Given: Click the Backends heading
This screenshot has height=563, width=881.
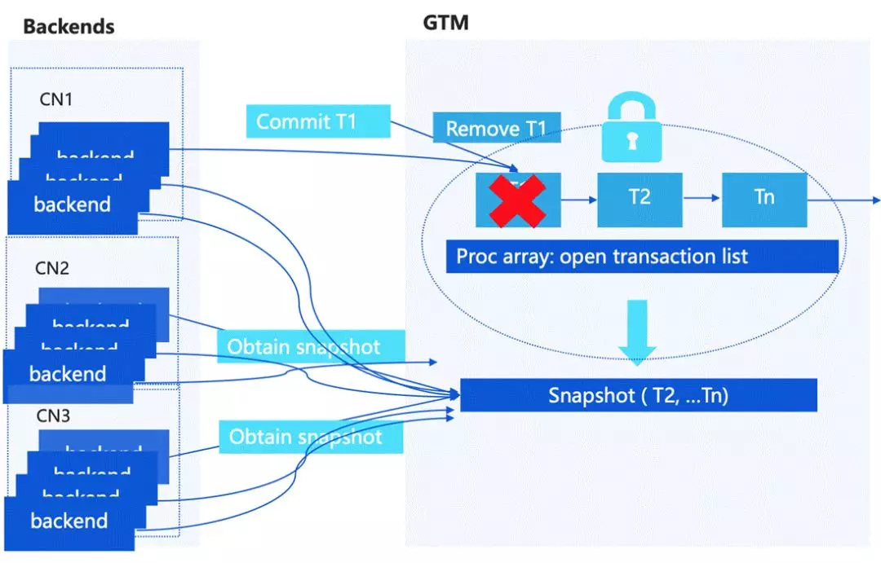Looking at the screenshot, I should click(x=69, y=26).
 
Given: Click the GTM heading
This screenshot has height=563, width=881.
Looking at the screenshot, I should click(x=445, y=22).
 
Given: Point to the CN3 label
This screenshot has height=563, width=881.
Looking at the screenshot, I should click(x=53, y=416).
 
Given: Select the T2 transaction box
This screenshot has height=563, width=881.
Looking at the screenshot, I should click(x=640, y=197).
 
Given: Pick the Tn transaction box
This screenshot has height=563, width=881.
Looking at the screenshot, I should click(x=764, y=197).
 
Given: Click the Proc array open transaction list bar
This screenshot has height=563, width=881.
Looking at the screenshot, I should click(x=642, y=256).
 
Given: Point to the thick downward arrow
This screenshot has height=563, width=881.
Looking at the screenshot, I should click(x=637, y=331).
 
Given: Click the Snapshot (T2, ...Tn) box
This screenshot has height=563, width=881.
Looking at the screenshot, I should click(x=639, y=395).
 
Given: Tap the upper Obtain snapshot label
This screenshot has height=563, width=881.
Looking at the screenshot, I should click(x=311, y=347).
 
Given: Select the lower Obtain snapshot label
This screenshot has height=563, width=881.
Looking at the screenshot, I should click(x=312, y=436).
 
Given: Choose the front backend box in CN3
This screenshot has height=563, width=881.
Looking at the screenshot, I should click(x=69, y=521).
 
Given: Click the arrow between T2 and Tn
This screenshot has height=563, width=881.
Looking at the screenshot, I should click(x=702, y=197).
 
